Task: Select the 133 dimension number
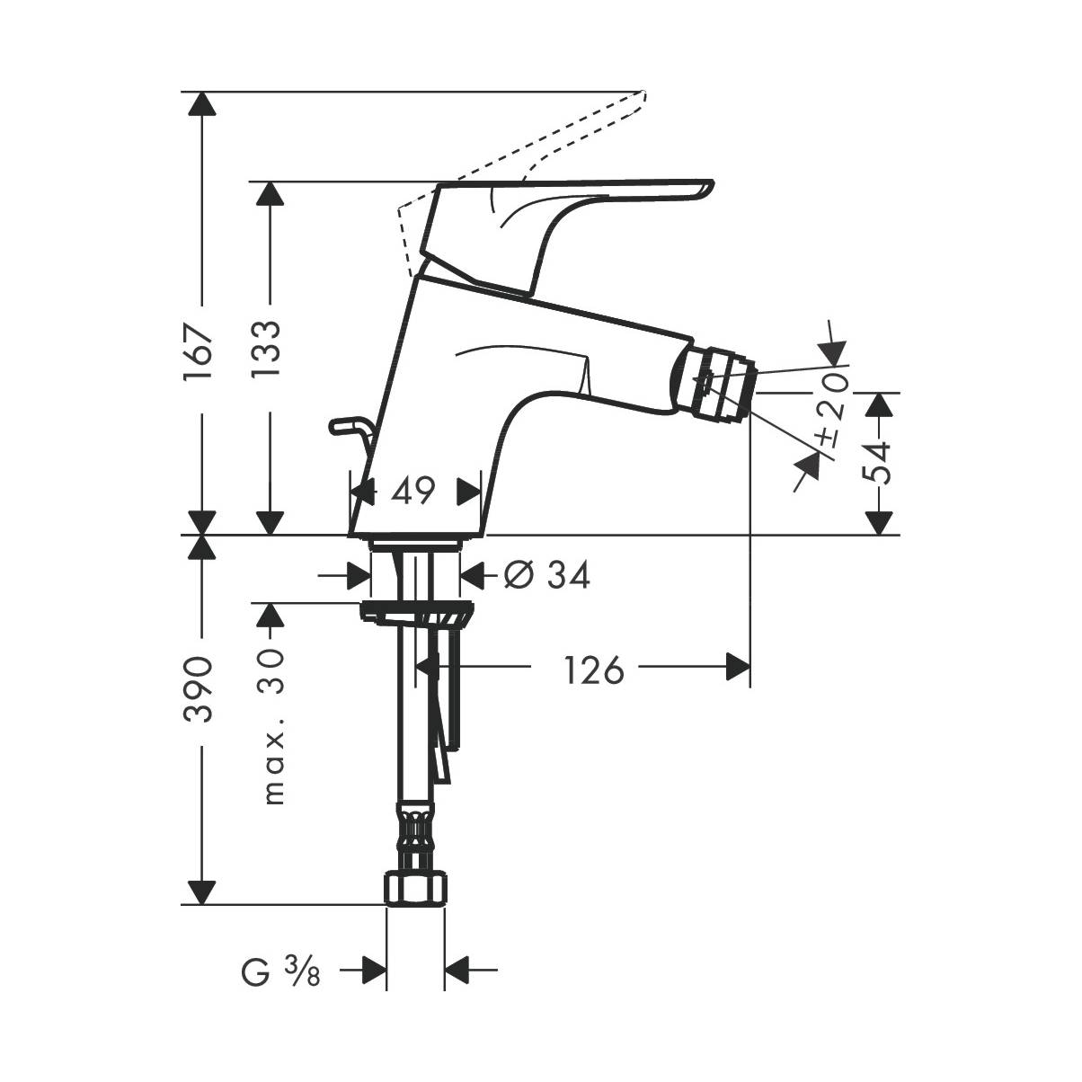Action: pos(265,348)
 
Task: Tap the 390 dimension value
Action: pos(199,688)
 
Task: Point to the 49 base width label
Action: pos(412,491)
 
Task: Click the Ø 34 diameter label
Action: pos(547,574)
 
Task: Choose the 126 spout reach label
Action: pos(593,670)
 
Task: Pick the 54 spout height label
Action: pos(876,463)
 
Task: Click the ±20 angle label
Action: pos(835,409)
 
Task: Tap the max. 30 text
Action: pos(273,726)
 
